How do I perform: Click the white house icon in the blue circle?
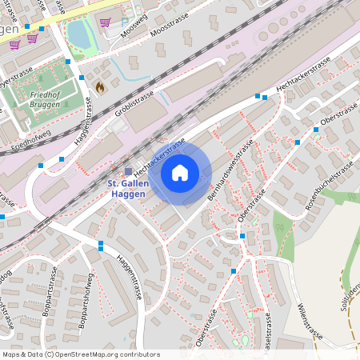(x=180, y=173)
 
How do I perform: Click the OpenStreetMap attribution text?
(x=80, y=354)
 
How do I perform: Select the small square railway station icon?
(x=127, y=171)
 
